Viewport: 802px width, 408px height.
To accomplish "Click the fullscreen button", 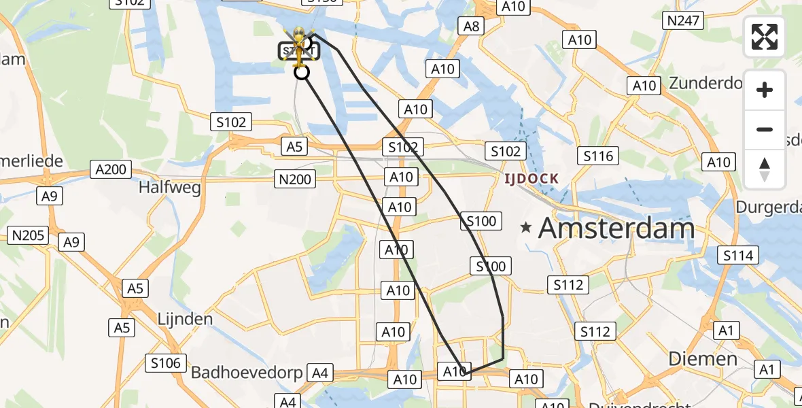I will click(x=765, y=37).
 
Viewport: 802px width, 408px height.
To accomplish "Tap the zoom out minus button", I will click(x=765, y=129).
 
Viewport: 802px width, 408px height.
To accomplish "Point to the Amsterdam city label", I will click(x=616, y=228).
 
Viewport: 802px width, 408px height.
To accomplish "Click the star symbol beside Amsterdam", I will click(x=526, y=228).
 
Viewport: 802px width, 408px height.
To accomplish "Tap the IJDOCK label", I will click(x=531, y=179).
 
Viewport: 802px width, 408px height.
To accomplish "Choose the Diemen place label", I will click(x=703, y=358).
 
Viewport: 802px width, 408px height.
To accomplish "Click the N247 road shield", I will click(x=683, y=20).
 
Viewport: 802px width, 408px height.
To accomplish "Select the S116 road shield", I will click(x=598, y=156).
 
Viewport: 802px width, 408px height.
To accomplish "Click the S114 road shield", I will click(x=739, y=255).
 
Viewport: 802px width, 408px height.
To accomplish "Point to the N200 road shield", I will click(x=295, y=179).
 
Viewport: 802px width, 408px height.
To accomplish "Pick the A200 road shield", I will click(x=111, y=169).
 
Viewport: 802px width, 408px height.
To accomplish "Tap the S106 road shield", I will click(x=166, y=363).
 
